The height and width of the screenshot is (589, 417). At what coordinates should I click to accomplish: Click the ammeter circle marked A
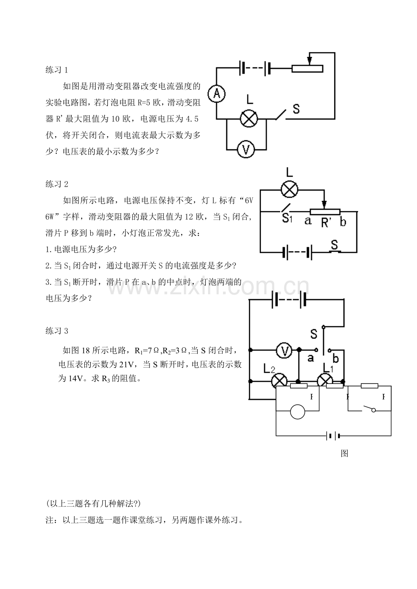pyautogui.click(x=217, y=94)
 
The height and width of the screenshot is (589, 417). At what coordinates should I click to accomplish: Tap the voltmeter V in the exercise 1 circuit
pyautogui.click(x=246, y=149)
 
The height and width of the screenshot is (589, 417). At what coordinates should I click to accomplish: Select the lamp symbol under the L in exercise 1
pyautogui.click(x=249, y=119)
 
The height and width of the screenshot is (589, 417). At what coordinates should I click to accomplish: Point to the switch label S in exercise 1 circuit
pyautogui.click(x=296, y=109)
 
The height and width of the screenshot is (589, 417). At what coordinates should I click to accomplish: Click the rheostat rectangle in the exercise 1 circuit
pyautogui.click(x=307, y=69)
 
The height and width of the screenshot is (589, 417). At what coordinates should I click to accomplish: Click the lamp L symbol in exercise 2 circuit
pyautogui.click(x=290, y=189)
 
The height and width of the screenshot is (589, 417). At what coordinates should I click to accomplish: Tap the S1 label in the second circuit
pyautogui.click(x=287, y=218)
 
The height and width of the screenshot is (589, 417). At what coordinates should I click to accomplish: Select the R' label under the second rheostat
pyautogui.click(x=326, y=223)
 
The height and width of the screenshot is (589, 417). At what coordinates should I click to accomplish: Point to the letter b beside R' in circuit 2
pyautogui.click(x=343, y=222)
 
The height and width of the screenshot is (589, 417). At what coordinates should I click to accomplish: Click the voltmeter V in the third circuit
pyautogui.click(x=284, y=350)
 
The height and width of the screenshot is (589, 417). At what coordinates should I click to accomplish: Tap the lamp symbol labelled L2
pyautogui.click(x=279, y=381)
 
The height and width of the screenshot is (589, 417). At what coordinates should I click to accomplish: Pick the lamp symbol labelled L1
pyautogui.click(x=325, y=381)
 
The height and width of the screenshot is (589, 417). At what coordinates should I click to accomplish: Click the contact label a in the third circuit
pyautogui.click(x=310, y=358)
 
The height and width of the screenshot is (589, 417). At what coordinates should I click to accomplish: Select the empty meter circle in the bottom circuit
pyautogui.click(x=297, y=412)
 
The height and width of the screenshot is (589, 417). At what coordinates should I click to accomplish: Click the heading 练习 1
pyautogui.click(x=57, y=70)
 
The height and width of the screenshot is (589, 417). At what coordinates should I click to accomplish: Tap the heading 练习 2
pyautogui.click(x=57, y=184)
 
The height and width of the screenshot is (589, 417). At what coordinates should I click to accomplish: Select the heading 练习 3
pyautogui.click(x=57, y=331)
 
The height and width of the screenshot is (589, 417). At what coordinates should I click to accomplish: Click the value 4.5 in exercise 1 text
pyautogui.click(x=192, y=119)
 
